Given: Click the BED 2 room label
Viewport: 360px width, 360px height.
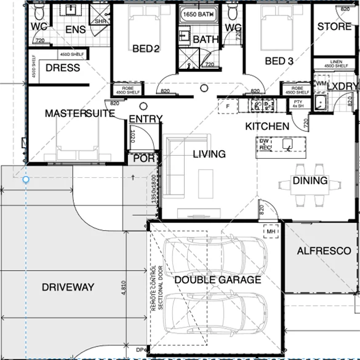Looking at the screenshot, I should point(146,49).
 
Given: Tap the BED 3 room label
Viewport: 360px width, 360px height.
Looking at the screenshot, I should point(279,61).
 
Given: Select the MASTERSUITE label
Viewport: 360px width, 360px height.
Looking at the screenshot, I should point(81,114).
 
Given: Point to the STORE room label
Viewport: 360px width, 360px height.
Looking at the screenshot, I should point(334,26).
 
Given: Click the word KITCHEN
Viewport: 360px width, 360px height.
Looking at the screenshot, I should point(267,126).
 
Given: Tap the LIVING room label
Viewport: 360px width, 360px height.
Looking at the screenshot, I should point(209,154).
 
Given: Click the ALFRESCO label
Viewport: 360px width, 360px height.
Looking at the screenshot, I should point(324,251).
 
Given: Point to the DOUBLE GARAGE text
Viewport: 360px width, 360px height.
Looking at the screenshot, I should point(217,280).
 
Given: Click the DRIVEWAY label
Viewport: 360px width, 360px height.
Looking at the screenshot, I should point(68,287).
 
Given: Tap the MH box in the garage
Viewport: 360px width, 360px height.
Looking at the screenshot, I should point(271,231).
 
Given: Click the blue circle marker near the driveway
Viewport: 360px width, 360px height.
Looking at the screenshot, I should point(26,180).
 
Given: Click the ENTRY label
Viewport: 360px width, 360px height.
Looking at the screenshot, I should point(145,119).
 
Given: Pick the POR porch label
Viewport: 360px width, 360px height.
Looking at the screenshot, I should point(141,158).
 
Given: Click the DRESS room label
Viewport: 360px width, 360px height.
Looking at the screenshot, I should point(63,68).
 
